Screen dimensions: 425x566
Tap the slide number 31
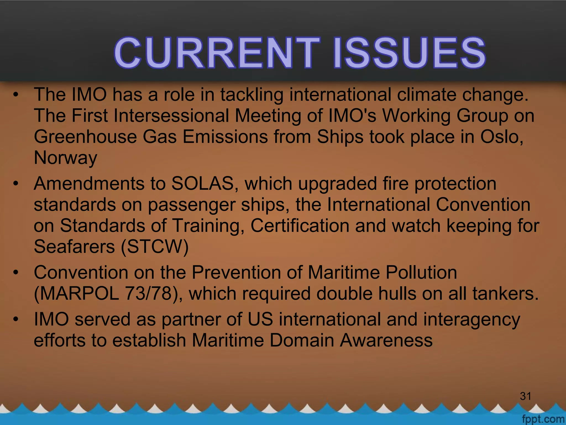point(525,396)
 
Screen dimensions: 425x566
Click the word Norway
point(65,157)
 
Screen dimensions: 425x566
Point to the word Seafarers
point(74,246)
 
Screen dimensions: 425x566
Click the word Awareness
point(386,340)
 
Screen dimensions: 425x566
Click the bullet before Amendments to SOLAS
point(16,183)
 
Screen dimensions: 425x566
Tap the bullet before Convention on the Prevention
point(16,273)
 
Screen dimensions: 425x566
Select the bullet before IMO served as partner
point(16,320)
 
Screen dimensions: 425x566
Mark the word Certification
point(300,226)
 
